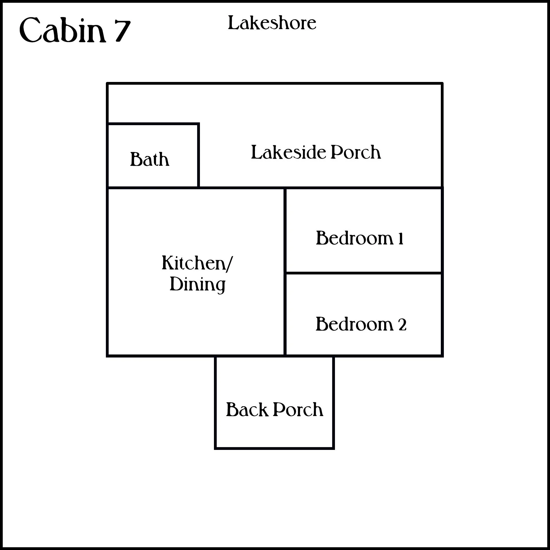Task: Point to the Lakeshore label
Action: [x=272, y=23]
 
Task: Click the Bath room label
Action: [x=149, y=159]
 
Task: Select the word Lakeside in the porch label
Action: [x=288, y=152]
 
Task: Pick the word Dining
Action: [x=197, y=284]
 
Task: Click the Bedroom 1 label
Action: [x=359, y=238]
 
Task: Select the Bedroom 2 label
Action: [x=361, y=324]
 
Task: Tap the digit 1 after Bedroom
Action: [x=401, y=238]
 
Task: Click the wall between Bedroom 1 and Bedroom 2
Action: [x=364, y=273]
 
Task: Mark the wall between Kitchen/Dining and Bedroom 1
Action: [x=285, y=231]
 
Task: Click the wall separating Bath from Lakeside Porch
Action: [x=199, y=155]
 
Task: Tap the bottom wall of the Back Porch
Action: [x=274, y=448]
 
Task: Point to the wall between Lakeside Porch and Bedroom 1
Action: [x=364, y=188]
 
